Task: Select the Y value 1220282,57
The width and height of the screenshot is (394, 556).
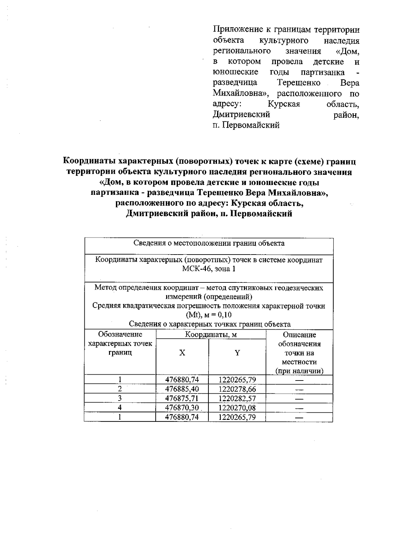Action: pos(237,399)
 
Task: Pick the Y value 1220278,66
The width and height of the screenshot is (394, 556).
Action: pos(237,389)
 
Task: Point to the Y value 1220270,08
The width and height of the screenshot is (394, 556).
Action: pos(237,408)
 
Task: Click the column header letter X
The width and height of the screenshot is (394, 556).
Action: pos(182,353)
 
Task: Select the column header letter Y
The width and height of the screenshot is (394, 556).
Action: pos(237,353)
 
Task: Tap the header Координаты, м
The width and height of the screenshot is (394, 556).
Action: pos(211,335)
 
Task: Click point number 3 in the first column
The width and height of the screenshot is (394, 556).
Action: pos(120,399)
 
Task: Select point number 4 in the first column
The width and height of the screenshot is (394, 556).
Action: pos(120,408)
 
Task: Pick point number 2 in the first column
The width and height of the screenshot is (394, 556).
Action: pos(120,389)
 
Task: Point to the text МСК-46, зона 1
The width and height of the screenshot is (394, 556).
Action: pos(209,269)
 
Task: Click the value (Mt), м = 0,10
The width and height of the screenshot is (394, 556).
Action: pos(209,315)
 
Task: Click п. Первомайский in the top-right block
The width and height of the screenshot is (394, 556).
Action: pos(246,125)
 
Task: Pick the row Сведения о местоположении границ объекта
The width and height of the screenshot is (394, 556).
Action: pos(209,243)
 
